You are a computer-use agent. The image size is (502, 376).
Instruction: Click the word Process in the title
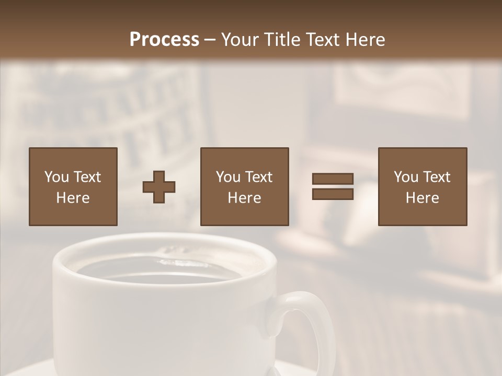pos(164,40)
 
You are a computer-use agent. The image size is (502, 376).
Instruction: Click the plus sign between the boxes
pos(159,186)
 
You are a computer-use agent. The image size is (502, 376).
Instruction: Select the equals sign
pos(333,186)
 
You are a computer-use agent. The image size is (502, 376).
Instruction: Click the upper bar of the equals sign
pos(333,179)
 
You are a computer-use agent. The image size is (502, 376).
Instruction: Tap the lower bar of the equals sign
pos(333,194)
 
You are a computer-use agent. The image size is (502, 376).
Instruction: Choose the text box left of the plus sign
pos(73,186)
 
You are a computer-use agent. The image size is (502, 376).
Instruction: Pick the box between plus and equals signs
pos(244,186)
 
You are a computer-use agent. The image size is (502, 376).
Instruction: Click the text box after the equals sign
pos(422,186)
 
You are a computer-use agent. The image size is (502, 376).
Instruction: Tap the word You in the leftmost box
pos(56,177)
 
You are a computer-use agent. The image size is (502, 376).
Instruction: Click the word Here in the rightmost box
pos(422,198)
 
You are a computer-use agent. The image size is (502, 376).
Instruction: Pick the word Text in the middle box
pos(258,177)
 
